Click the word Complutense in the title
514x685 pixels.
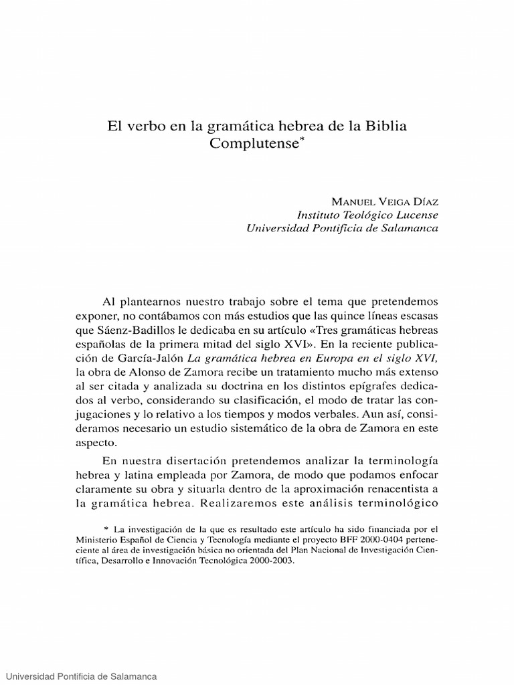(253, 143)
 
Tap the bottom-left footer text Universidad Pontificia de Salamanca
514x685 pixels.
(78, 677)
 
